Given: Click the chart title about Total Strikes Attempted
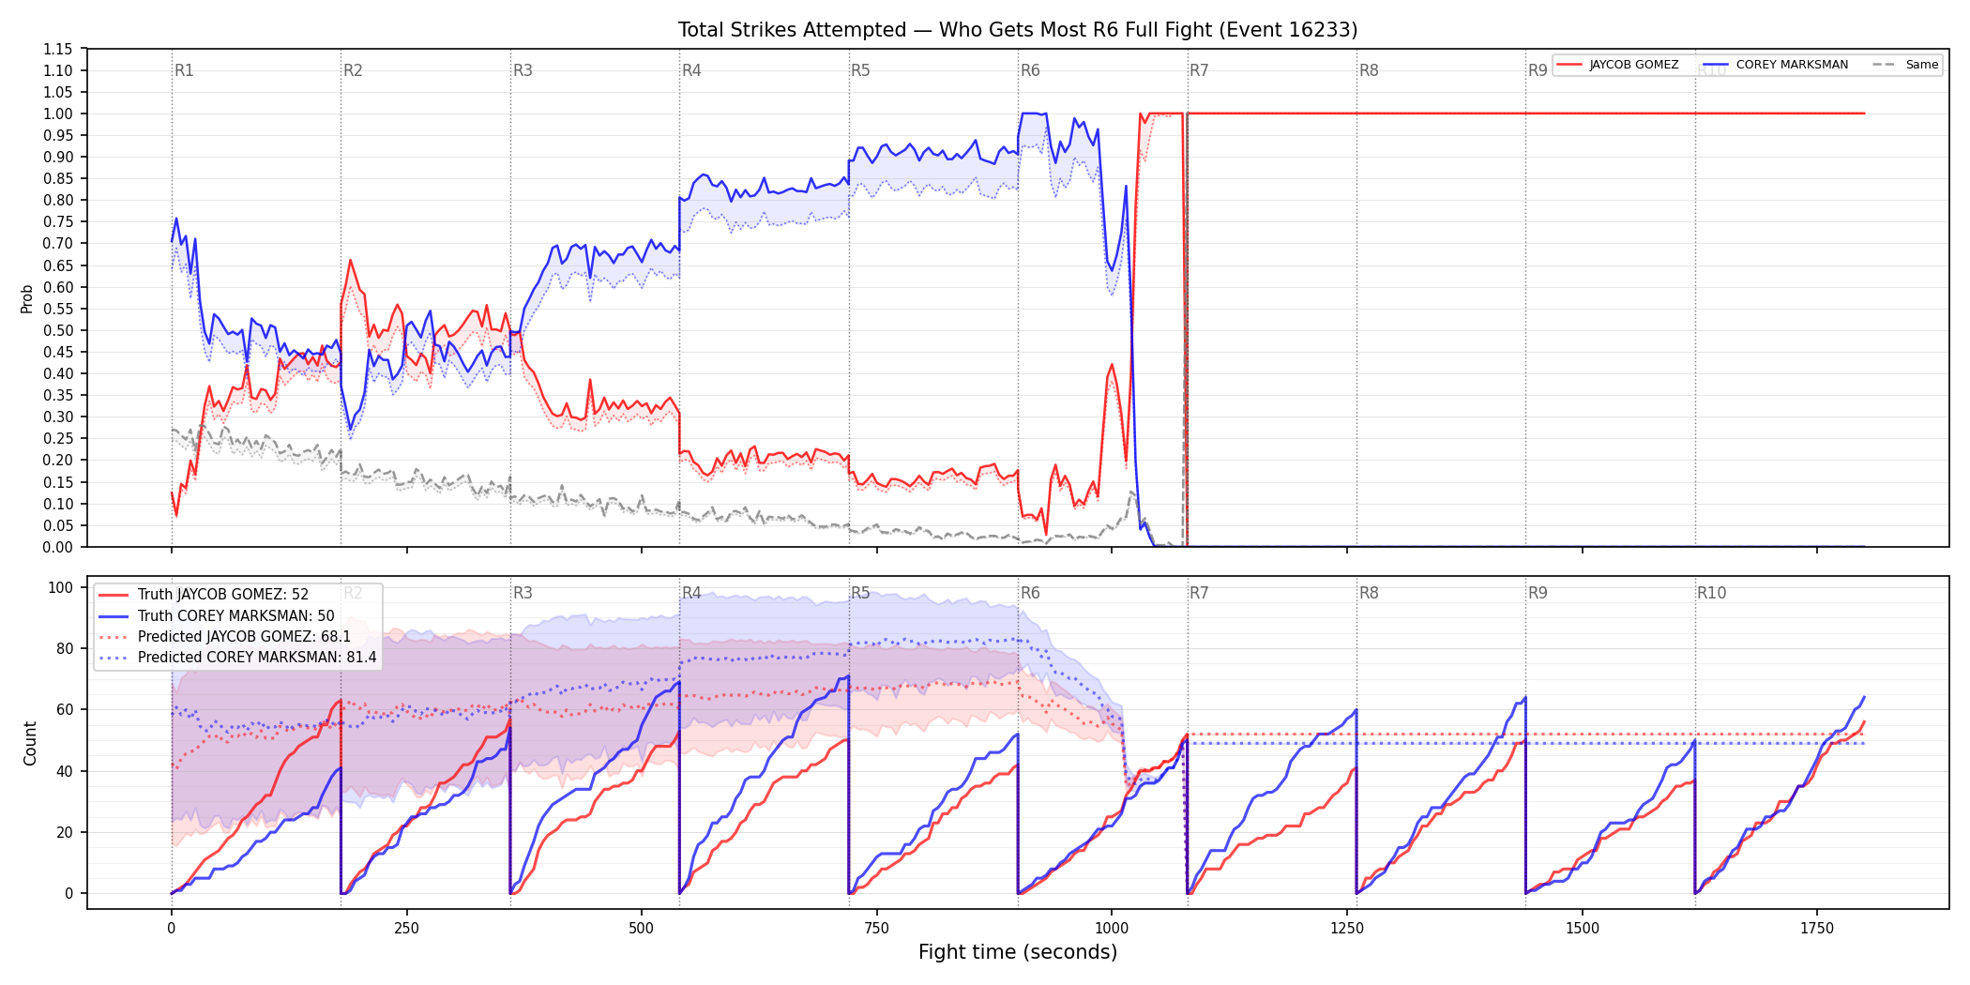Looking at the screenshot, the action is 1018,30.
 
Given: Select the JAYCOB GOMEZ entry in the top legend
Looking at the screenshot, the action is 1633,65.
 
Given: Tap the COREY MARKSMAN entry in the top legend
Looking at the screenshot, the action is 1792,65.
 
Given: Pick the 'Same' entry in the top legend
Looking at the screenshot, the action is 1921,65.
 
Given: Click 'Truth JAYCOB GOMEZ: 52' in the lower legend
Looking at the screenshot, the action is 223,595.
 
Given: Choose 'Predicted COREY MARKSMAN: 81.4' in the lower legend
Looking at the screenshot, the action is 257,658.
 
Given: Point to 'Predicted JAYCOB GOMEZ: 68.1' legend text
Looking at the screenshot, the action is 244,637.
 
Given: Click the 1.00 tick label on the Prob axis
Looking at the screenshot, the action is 58,114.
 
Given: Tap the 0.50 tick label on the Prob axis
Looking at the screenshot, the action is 58,330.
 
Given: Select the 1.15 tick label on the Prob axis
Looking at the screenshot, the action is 58,49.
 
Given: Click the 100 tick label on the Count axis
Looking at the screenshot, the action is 61,587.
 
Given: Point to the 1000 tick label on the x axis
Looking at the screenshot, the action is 1112,929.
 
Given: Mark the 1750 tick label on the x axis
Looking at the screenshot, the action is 1817,929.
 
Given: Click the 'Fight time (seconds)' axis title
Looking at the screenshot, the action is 1018,952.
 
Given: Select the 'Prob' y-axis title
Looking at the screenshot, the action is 27,298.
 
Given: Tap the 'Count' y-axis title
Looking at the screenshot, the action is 30,743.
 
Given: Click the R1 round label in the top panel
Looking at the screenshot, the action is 184,70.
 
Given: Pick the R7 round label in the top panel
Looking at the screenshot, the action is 1199,70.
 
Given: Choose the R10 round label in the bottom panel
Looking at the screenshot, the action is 1711,593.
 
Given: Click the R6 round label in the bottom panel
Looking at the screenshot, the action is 1030,593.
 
